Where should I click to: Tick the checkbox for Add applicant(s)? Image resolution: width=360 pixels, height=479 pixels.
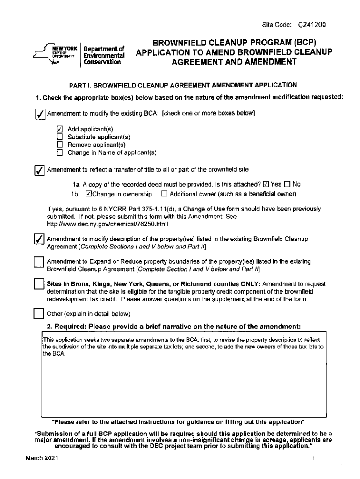[59, 129]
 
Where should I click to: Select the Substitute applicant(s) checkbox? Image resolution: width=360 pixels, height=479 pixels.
[59, 137]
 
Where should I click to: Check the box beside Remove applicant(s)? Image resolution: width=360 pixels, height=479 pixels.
[59, 144]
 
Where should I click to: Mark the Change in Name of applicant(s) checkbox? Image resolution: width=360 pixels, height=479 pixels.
[59, 152]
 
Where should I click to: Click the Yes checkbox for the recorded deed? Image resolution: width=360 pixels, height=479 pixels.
[266, 184]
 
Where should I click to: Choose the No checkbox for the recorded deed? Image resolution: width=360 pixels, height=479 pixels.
[288, 184]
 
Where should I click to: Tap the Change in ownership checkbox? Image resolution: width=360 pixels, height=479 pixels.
[88, 194]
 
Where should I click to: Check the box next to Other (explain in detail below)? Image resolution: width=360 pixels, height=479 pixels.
[40, 313]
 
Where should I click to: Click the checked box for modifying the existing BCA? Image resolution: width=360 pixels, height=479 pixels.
[40, 114]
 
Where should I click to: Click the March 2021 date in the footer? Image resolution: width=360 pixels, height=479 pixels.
[42, 459]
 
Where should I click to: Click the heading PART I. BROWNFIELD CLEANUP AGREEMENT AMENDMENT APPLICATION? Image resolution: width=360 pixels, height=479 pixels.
[183, 85]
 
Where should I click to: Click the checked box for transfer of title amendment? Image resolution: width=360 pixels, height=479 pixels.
[40, 170]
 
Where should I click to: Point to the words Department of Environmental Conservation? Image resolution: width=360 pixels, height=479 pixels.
[103, 55]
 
